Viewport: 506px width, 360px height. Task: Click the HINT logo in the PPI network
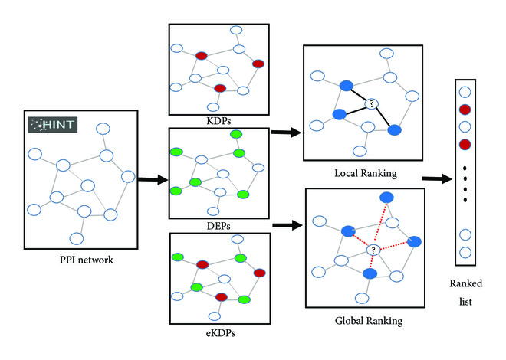pyautogui.click(x=53, y=125)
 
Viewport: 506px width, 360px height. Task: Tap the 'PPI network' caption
pyautogui.click(x=87, y=260)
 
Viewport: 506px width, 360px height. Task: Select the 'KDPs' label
pyautogui.click(x=219, y=121)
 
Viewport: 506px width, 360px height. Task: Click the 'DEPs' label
pyautogui.click(x=219, y=226)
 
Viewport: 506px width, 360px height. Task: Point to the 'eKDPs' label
pyautogui.click(x=220, y=332)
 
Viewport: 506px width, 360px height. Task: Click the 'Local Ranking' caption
pyautogui.click(x=366, y=173)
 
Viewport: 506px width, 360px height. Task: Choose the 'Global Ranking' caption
pyautogui.click(x=369, y=321)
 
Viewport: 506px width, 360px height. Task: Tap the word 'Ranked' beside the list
pyautogui.click(x=466, y=283)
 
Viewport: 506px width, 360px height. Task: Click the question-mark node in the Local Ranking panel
pyautogui.click(x=372, y=103)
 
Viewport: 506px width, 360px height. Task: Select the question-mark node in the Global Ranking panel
pyautogui.click(x=373, y=250)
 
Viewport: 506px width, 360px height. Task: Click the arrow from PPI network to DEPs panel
pyautogui.click(x=153, y=179)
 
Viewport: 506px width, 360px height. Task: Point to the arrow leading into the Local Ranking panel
pyautogui.click(x=287, y=133)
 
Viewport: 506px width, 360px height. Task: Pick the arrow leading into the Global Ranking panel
pyautogui.click(x=287, y=225)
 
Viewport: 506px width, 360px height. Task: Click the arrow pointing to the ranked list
pyautogui.click(x=437, y=179)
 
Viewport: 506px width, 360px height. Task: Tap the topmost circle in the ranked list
pyautogui.click(x=465, y=92)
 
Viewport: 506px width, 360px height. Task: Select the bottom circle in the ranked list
pyautogui.click(x=465, y=253)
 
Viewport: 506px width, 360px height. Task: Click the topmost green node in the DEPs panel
pyautogui.click(x=236, y=134)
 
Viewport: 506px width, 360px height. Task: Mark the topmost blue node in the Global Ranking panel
pyautogui.click(x=386, y=198)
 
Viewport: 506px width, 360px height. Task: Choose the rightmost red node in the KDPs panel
pyautogui.click(x=258, y=64)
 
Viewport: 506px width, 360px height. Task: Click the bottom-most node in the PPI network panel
pyautogui.click(x=77, y=239)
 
